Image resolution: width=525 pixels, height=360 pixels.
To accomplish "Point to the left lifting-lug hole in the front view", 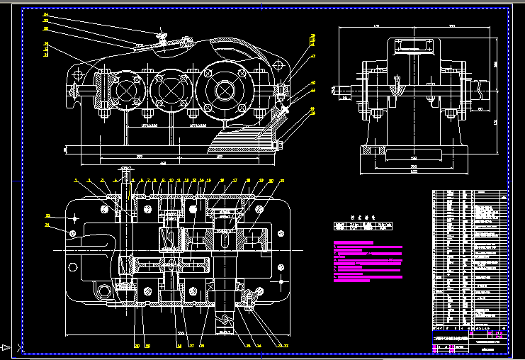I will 74,73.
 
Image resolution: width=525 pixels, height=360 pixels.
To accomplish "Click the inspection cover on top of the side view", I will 414,46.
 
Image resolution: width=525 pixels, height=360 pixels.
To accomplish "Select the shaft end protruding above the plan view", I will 126,174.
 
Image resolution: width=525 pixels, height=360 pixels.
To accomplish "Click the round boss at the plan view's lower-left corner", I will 104,290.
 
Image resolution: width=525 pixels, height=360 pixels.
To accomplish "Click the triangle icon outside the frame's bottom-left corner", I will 6,347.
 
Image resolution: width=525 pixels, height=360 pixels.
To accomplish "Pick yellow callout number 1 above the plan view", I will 74,181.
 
